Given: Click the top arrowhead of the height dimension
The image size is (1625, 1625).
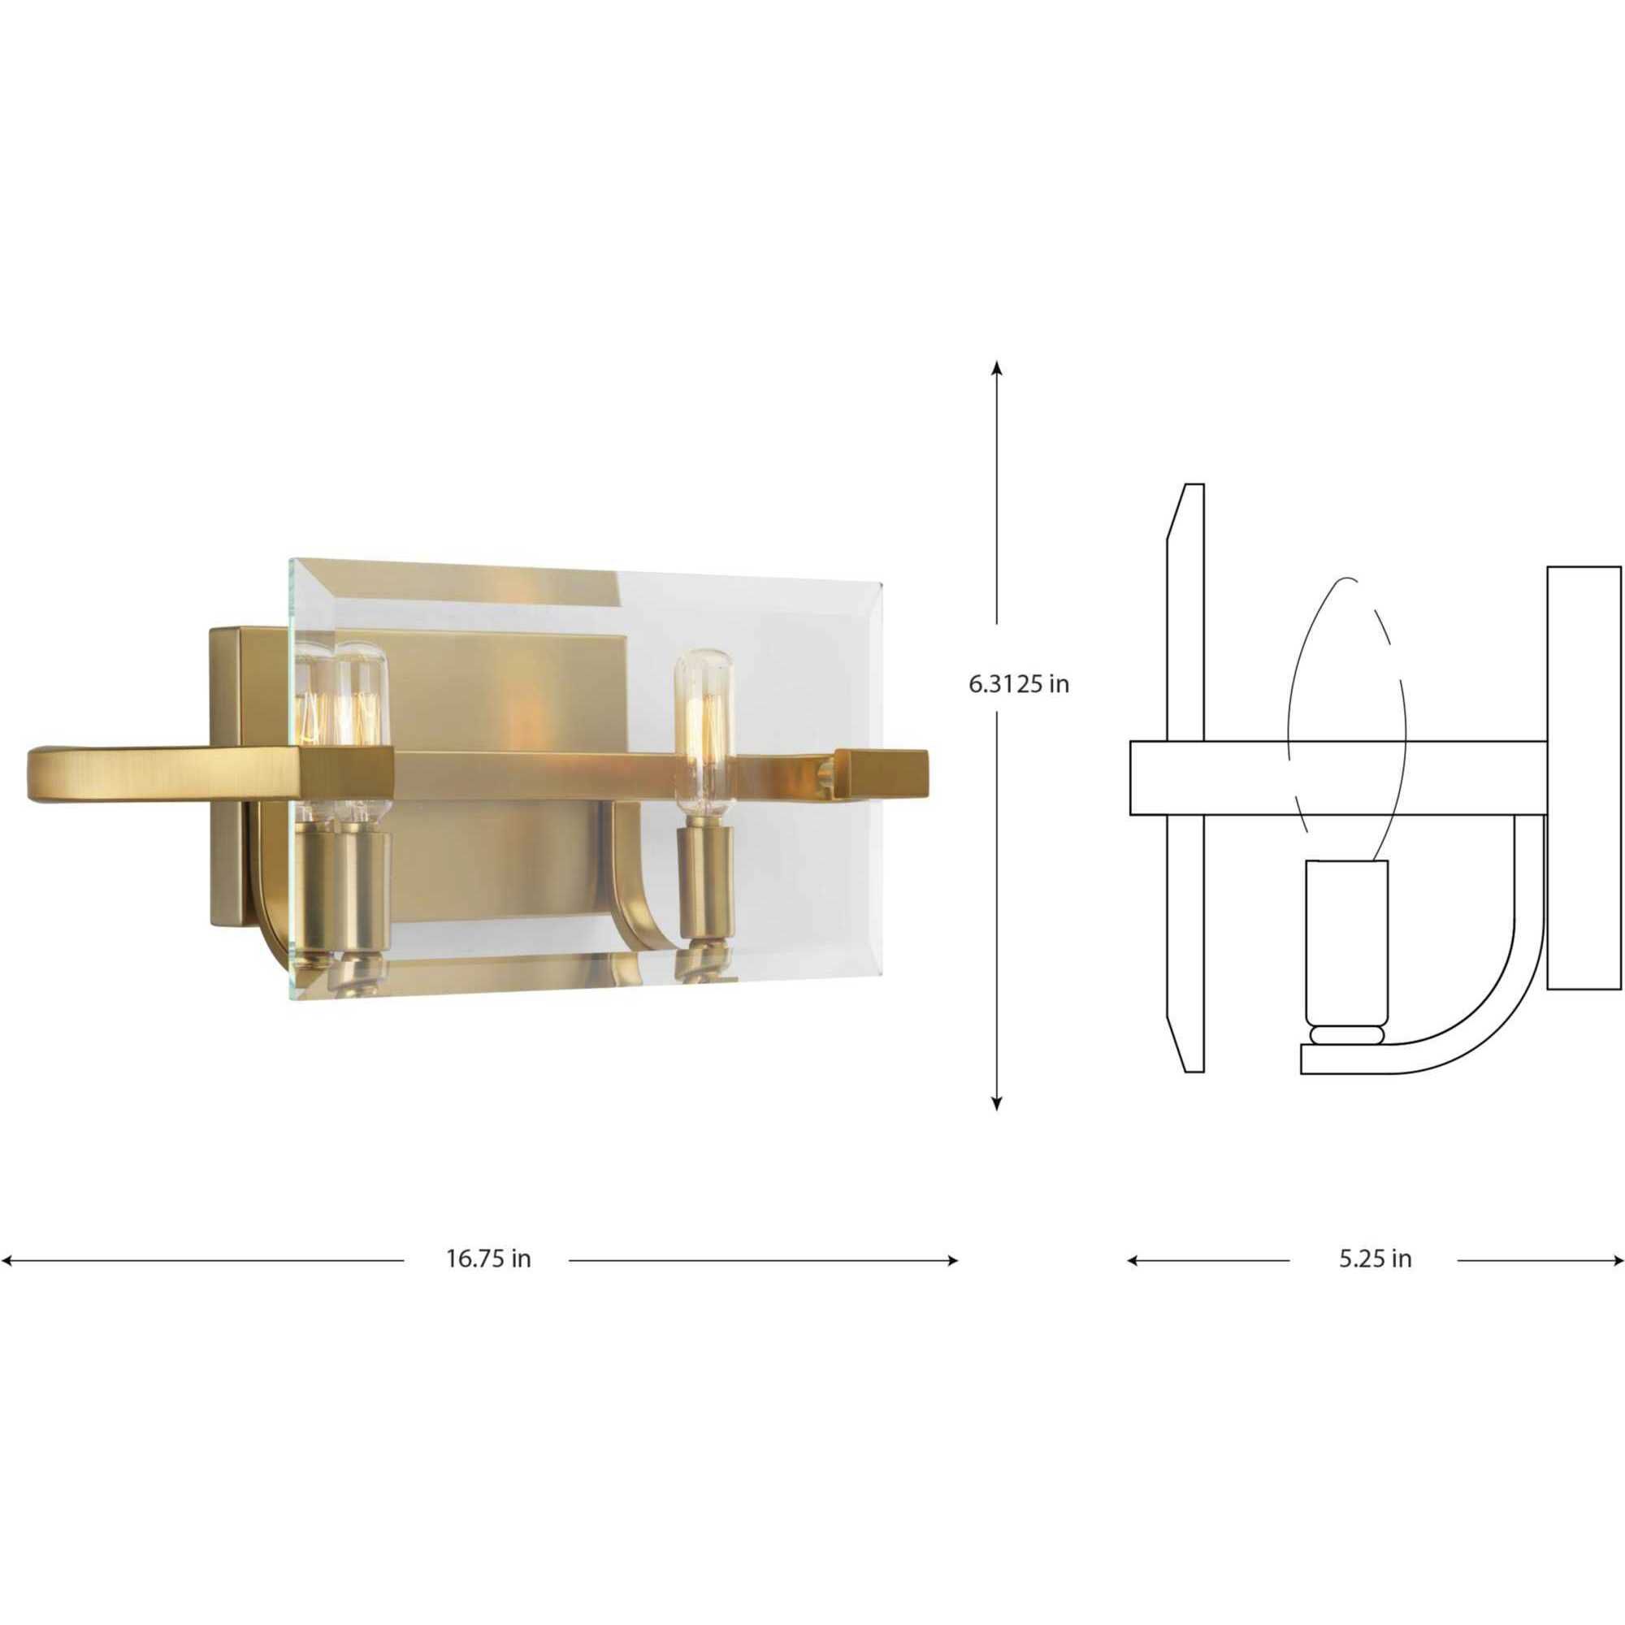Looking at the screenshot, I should click(x=997, y=366).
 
